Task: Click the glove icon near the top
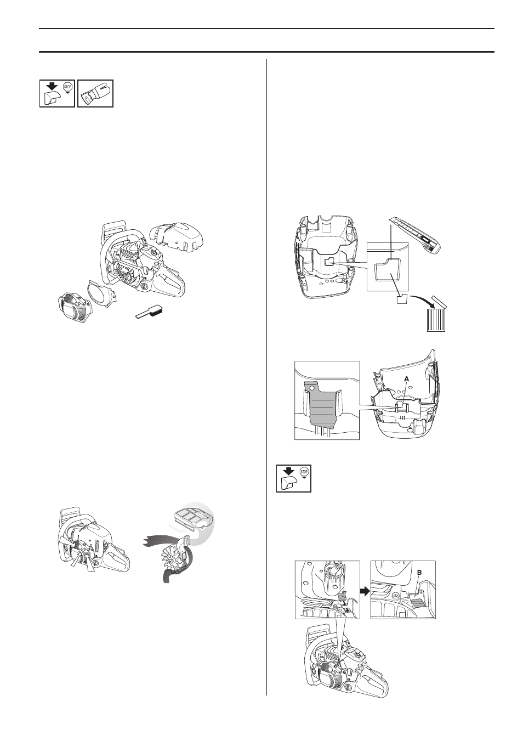[95, 93]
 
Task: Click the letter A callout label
[407, 380]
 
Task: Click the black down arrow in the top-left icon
[51, 86]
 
